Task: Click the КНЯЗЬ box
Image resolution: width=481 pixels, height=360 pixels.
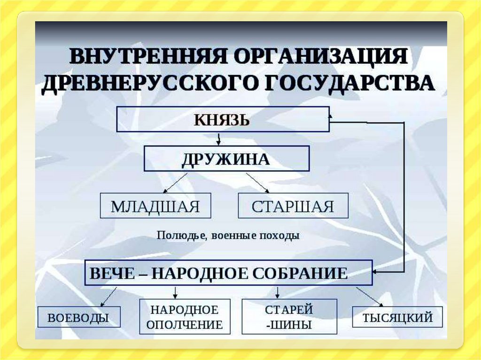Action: click(223, 119)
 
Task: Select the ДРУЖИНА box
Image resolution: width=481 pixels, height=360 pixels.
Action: click(226, 159)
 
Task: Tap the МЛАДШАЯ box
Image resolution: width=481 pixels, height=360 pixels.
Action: click(155, 206)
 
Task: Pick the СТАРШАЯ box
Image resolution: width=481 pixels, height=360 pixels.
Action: click(293, 206)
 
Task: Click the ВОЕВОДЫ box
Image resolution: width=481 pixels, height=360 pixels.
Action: click(78, 317)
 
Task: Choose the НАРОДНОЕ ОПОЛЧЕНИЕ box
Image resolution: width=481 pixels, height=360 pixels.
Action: click(185, 317)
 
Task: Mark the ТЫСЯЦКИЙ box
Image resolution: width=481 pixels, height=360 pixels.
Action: click(397, 317)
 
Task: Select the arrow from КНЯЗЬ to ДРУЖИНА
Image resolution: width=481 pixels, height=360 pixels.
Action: click(218, 138)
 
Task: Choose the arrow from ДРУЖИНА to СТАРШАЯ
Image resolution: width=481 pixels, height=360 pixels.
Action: click(257, 183)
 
